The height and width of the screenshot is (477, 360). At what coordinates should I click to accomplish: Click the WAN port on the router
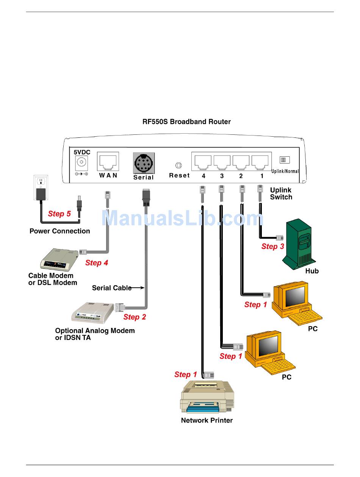click(x=108, y=161)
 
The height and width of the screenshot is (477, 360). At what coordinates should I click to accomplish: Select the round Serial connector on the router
click(x=144, y=163)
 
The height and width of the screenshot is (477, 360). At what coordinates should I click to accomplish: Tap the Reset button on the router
click(x=178, y=165)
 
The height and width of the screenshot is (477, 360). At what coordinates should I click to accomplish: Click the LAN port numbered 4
click(x=203, y=162)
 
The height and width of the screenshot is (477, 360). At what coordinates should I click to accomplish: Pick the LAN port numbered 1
click(x=260, y=162)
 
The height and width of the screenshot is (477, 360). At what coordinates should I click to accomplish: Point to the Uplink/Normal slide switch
click(x=285, y=160)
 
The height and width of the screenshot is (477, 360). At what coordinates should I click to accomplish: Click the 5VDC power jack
click(x=81, y=162)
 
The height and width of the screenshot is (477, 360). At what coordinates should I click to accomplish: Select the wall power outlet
click(x=41, y=187)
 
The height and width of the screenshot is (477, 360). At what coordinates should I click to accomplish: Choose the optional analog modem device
click(x=93, y=312)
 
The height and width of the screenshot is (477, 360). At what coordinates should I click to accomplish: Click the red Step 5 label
click(x=59, y=214)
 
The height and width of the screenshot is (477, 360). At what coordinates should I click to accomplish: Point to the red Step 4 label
click(x=97, y=263)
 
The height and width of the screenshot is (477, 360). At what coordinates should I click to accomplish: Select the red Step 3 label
click(x=272, y=246)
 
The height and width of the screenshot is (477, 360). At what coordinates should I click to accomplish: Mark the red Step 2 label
click(x=135, y=317)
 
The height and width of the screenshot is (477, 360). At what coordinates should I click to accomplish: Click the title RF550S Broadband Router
click(x=186, y=122)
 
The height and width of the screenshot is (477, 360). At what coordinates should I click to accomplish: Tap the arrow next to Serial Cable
click(x=137, y=288)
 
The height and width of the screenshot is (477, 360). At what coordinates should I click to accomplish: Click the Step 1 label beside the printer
click(x=186, y=374)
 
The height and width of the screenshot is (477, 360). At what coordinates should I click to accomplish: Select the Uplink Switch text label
click(x=281, y=193)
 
